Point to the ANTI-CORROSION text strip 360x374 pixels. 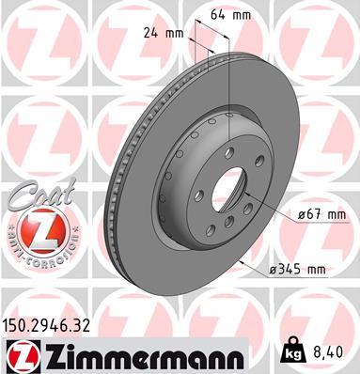39,252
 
